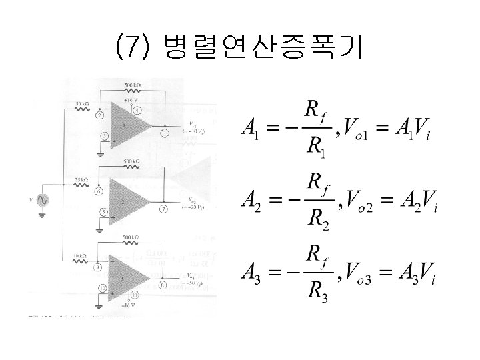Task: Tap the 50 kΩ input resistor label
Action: [83, 104]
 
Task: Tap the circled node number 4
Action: [137, 110]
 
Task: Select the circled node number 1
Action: [163, 133]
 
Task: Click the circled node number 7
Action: [163, 209]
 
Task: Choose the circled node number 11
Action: [135, 294]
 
